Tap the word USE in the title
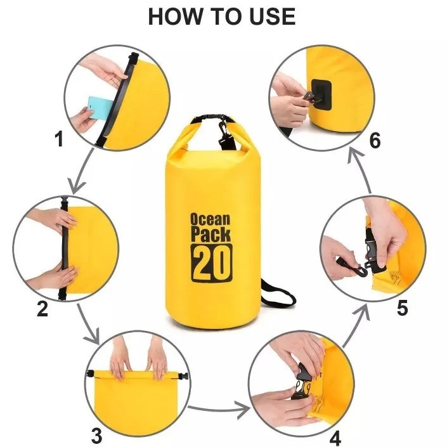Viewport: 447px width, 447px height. [272, 16]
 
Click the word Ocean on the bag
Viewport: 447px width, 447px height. [210, 219]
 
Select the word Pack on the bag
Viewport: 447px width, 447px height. [211, 235]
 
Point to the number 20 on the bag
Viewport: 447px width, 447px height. [211, 263]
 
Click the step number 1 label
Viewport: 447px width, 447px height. [59, 139]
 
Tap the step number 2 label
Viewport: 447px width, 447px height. [42, 308]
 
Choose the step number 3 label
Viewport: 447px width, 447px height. [96, 436]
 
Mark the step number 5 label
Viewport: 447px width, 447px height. [402, 308]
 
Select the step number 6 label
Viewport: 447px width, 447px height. [375, 140]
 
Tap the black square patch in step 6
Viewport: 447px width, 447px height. [321, 94]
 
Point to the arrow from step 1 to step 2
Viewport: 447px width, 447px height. [81, 171]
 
